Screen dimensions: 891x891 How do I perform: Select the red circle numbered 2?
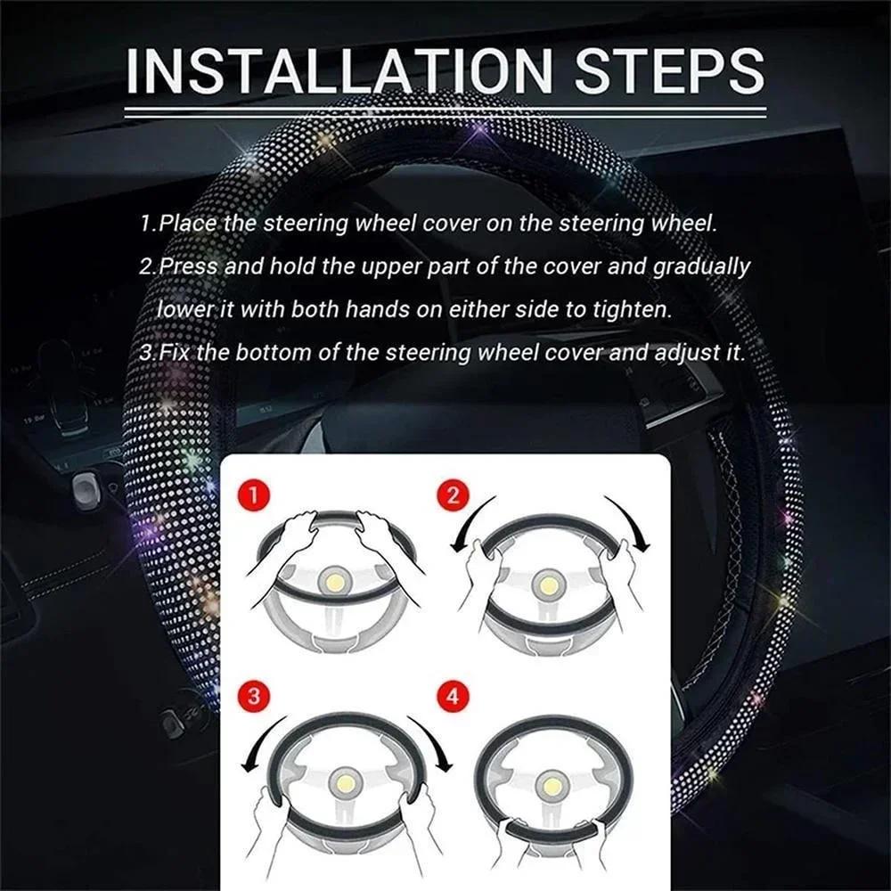tap(454, 495)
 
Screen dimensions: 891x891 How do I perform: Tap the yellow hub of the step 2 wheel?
tap(545, 585)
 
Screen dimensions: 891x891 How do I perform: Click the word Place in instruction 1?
tap(189, 224)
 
